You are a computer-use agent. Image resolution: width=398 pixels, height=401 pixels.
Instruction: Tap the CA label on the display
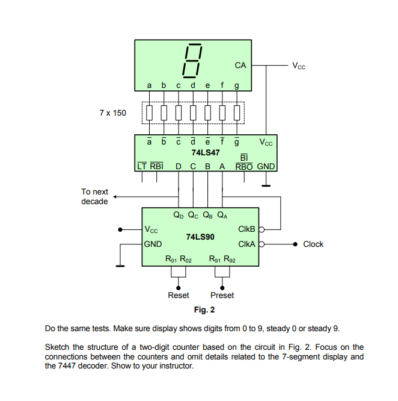240,64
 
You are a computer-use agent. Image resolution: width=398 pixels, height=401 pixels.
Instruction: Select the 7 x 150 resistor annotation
113,113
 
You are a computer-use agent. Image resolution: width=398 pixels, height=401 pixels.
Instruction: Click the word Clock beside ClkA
313,244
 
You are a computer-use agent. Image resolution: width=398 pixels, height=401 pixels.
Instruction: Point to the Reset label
178,295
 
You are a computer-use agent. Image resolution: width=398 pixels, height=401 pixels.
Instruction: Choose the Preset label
222,295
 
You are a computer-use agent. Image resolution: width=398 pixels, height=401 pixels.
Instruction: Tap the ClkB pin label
246,229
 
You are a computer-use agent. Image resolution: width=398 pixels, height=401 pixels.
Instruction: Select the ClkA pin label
246,244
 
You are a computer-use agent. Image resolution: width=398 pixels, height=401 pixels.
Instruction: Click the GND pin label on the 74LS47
266,166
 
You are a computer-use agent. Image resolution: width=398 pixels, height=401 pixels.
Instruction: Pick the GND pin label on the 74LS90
153,244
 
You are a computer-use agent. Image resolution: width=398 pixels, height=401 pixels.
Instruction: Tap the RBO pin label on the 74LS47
243,166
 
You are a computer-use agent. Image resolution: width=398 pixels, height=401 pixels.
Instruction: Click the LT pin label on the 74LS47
142,166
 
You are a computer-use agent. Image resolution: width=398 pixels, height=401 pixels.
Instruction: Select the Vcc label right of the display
299,66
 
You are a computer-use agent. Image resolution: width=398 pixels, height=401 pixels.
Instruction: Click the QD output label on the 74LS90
179,214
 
